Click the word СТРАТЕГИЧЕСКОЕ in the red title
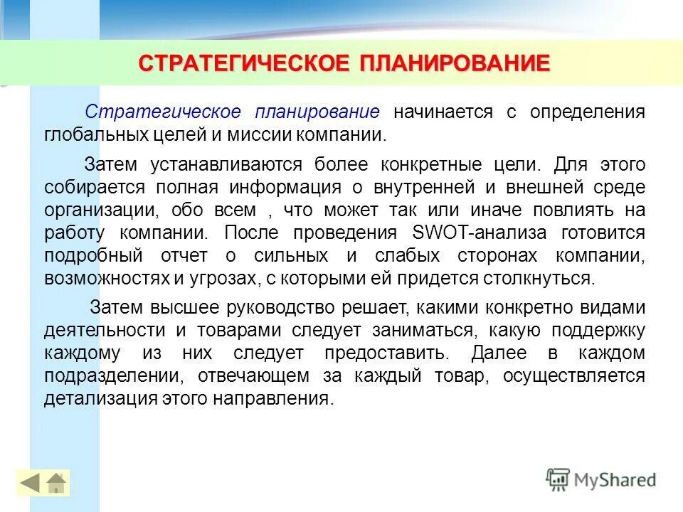243,63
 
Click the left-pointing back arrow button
30,484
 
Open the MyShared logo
601,480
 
